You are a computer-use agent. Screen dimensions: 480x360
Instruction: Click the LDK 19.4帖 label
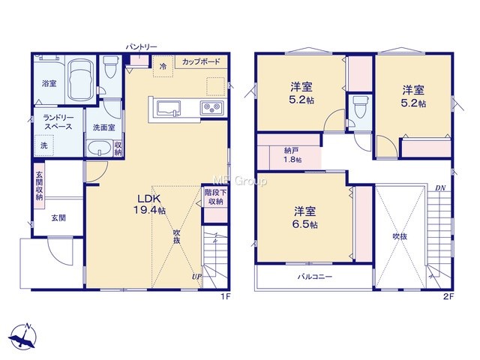(x=149, y=204)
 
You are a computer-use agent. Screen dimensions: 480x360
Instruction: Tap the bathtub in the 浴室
(x=81, y=78)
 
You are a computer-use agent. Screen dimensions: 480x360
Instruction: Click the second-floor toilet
(x=358, y=107)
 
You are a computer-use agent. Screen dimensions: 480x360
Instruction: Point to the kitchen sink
(x=169, y=109)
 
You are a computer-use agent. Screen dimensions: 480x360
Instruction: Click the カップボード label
(x=201, y=61)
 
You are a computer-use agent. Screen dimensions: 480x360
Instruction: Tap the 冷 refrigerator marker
(x=163, y=66)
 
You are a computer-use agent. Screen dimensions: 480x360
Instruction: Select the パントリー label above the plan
(x=142, y=46)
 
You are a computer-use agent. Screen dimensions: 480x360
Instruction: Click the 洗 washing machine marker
(x=44, y=145)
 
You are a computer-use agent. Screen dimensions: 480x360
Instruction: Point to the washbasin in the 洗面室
(x=99, y=148)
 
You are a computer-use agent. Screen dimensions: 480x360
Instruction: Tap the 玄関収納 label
(x=39, y=186)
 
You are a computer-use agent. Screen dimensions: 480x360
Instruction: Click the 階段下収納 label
(x=215, y=196)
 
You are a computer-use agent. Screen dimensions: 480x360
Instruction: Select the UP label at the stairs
(x=196, y=277)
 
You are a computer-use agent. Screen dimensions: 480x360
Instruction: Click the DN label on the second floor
(x=440, y=187)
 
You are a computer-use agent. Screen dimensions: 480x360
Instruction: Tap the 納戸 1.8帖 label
(x=292, y=155)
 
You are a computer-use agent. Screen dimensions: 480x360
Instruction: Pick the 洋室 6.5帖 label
(x=305, y=217)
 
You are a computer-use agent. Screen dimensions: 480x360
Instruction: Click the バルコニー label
(x=315, y=277)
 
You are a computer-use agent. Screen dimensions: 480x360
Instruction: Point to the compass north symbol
(x=23, y=336)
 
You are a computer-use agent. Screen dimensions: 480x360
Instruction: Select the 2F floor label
(x=448, y=296)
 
